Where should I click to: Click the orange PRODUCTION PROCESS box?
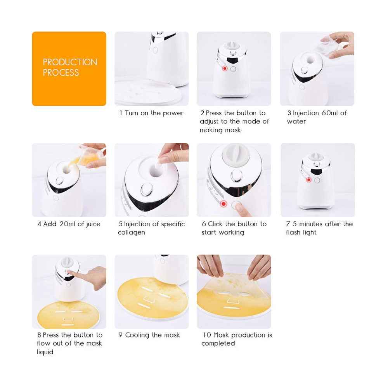(x=69, y=69)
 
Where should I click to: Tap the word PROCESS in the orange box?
(x=61, y=73)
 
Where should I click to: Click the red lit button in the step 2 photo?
(x=225, y=68)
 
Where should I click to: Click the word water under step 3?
(x=296, y=121)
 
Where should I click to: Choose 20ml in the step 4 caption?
(x=67, y=224)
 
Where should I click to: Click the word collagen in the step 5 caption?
(x=132, y=232)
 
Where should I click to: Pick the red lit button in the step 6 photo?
(x=224, y=204)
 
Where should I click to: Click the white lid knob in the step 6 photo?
(x=236, y=155)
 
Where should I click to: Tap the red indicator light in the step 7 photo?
(x=308, y=180)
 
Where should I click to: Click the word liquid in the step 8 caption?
(x=45, y=352)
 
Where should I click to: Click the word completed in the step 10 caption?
(x=218, y=343)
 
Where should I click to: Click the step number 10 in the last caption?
(x=207, y=335)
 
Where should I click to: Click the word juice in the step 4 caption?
(x=93, y=224)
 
